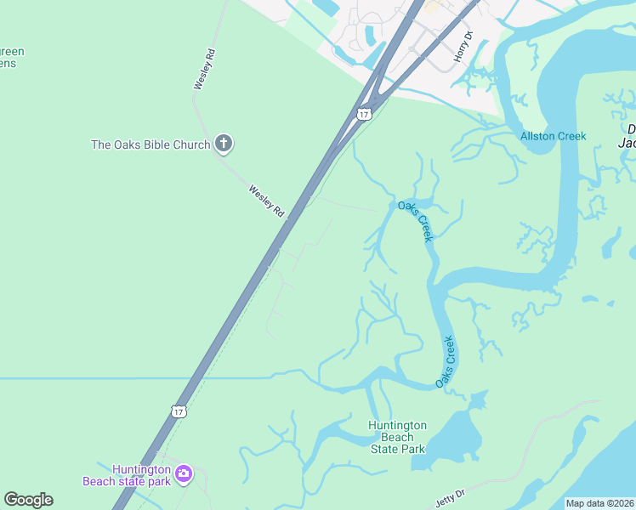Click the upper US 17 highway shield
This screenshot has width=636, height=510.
coord(364,114)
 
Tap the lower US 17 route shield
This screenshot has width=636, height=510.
coord(178,411)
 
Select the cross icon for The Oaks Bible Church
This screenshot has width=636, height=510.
coord(224,144)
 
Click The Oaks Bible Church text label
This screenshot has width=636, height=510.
coord(150,144)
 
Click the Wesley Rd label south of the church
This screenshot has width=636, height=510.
coord(266,201)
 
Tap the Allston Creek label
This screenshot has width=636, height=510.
coord(554,136)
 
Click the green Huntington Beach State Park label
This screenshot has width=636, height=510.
coord(396,437)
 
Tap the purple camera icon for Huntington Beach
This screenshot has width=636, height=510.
coord(184,473)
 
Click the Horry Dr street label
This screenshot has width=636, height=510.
coord(463,44)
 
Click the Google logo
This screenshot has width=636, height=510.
coord(28,500)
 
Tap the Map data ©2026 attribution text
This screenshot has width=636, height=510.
coord(599,503)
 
